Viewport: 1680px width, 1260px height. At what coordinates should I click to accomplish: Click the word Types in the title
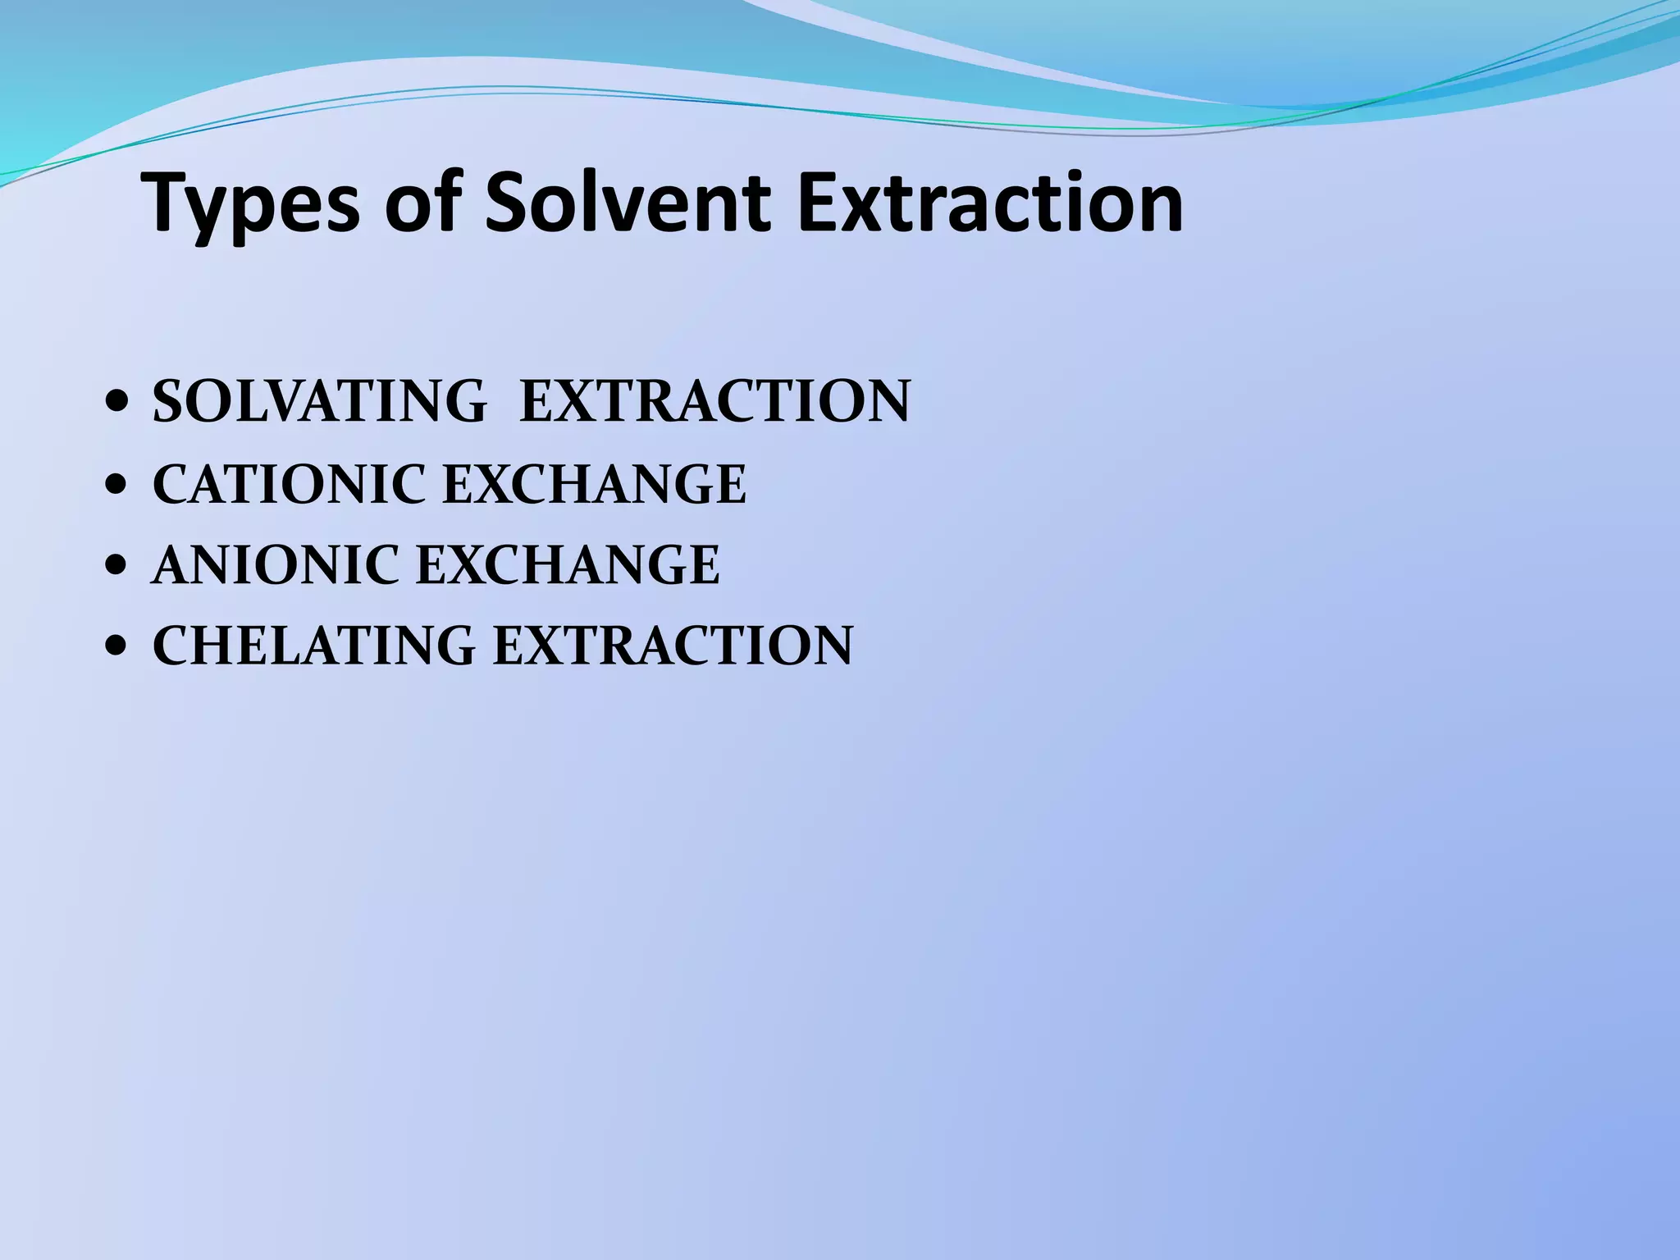tap(251, 204)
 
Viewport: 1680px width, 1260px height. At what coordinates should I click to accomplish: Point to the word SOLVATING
tap(320, 402)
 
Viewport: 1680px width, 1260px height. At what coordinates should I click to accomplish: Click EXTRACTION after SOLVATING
tap(715, 402)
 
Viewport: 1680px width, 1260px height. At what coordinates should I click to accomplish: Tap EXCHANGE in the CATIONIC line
tap(595, 484)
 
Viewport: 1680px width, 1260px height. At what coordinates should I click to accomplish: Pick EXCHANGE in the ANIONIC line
tap(568, 565)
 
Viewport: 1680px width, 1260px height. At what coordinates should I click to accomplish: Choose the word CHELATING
tap(313, 646)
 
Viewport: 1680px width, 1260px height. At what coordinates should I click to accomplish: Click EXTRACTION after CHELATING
tap(673, 646)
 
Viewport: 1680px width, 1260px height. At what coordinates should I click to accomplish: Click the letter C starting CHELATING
tap(171, 646)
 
